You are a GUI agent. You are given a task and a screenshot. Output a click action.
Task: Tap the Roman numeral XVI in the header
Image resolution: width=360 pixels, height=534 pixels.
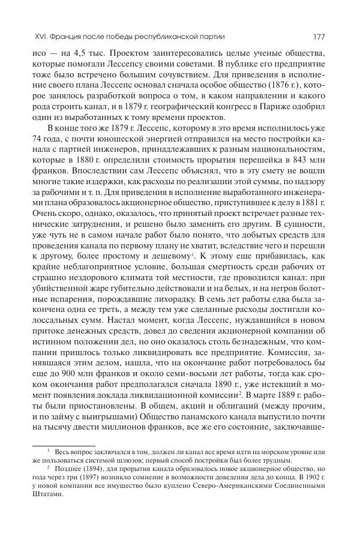pos(26,36)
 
